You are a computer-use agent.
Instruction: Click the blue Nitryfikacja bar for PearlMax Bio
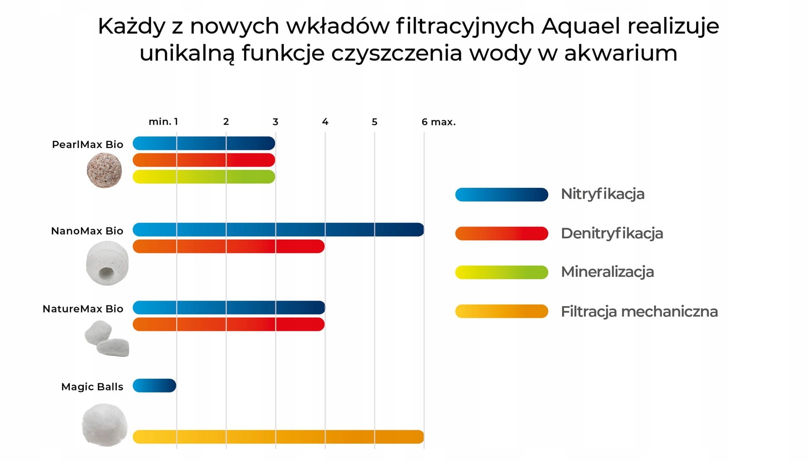(204, 143)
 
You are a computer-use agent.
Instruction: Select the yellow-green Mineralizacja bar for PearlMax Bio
(204, 177)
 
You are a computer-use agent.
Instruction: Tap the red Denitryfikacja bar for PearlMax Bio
(204, 160)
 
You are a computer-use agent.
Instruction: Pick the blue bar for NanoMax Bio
(278, 230)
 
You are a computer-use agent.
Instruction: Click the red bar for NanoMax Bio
(229, 246)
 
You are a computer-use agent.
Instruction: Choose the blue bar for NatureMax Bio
(229, 308)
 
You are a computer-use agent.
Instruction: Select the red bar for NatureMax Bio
(229, 324)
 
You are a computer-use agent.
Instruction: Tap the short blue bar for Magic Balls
(155, 385)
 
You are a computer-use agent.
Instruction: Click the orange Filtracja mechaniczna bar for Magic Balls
(278, 437)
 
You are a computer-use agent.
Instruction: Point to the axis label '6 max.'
(438, 122)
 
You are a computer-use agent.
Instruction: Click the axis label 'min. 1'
(163, 122)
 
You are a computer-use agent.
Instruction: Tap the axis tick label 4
(325, 122)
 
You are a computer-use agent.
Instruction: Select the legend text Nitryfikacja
(603, 194)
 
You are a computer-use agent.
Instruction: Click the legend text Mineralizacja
(607, 272)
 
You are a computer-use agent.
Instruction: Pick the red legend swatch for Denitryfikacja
(502, 234)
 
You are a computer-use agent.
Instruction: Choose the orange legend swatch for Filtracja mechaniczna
(502, 311)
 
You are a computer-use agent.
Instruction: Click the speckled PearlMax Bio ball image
(104, 171)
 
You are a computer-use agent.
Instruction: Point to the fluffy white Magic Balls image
(105, 425)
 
